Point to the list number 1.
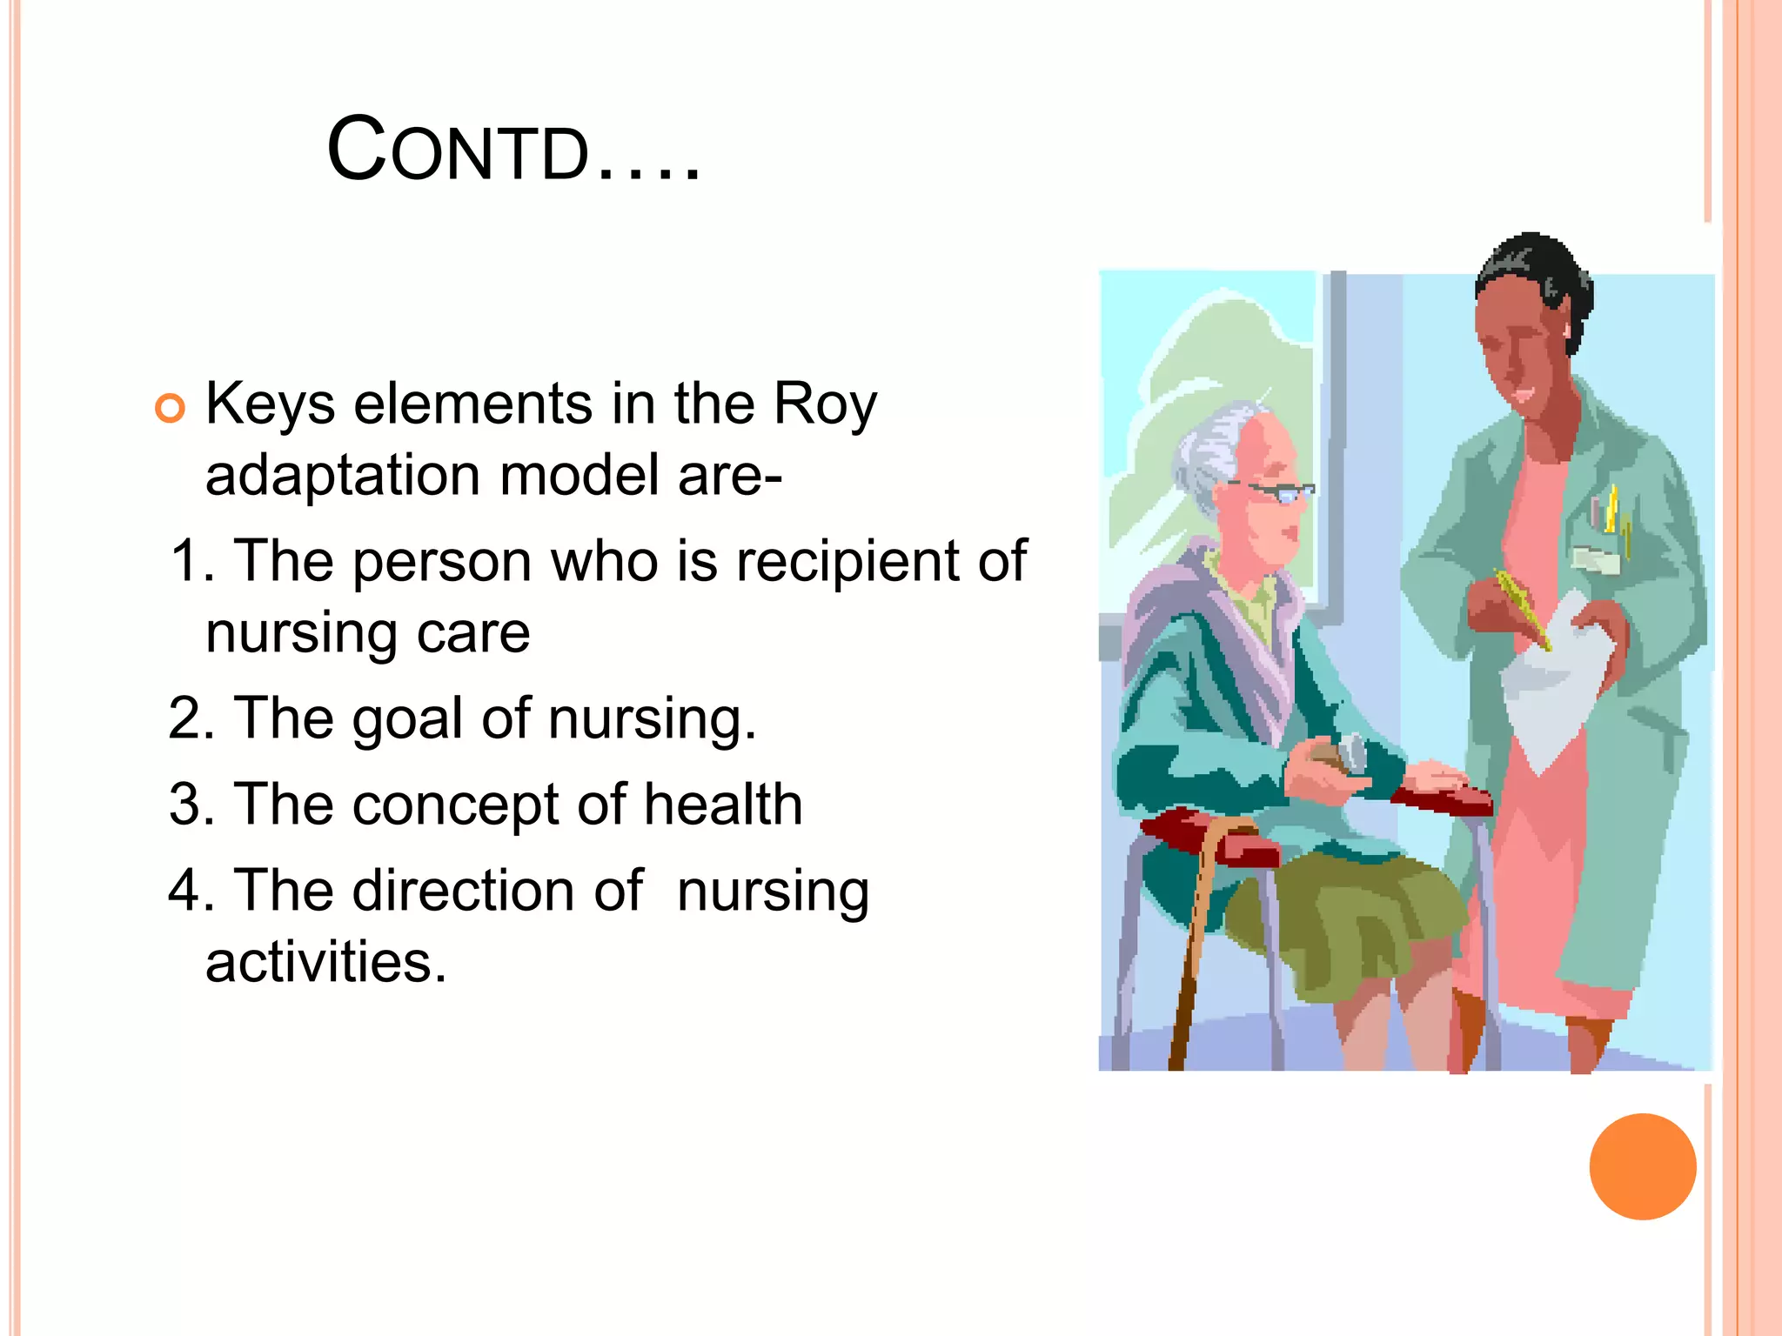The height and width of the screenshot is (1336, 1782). [189, 561]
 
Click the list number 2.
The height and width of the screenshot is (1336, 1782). [189, 718]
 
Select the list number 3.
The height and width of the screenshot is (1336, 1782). [189, 805]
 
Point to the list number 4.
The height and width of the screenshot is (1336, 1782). [189, 892]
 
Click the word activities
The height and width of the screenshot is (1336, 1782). [325, 963]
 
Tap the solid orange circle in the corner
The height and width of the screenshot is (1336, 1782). [1642, 1166]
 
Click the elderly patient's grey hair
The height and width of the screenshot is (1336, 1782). [1209, 452]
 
